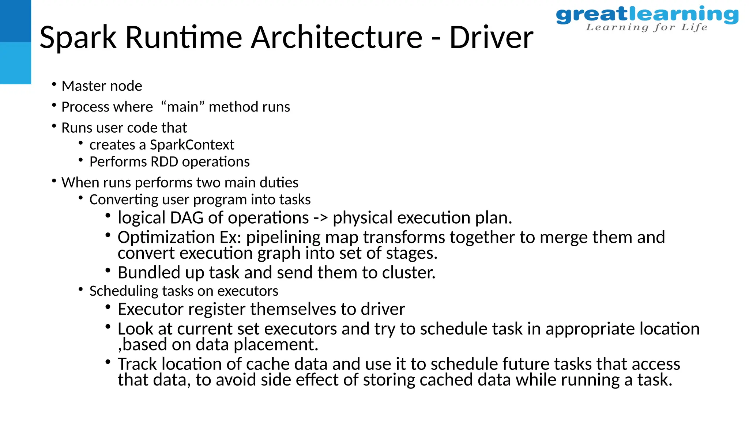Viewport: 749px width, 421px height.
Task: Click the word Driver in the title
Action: click(491, 37)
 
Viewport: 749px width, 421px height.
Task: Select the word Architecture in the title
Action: click(336, 37)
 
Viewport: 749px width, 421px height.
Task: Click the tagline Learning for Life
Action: click(647, 27)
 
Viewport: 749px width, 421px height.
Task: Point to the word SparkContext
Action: click(192, 145)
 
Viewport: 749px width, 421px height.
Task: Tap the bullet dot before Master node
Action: click(54, 85)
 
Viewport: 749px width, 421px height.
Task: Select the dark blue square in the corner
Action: click(15, 21)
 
